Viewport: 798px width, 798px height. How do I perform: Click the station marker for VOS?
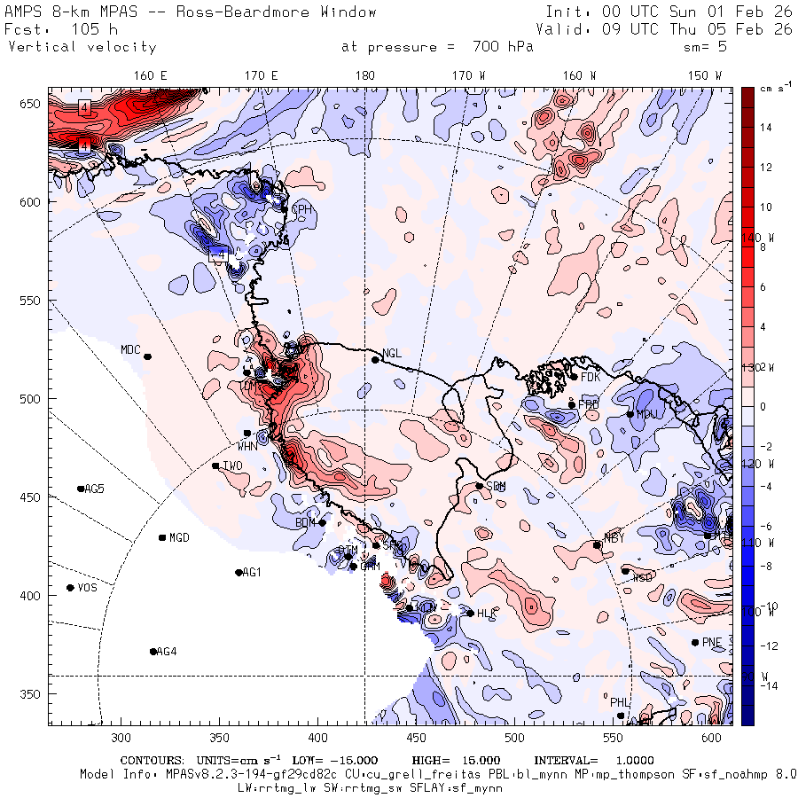[70, 588]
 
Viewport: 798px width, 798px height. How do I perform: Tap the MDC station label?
[130, 349]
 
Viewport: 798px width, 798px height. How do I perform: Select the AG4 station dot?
[153, 652]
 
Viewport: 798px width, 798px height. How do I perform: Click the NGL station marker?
[375, 359]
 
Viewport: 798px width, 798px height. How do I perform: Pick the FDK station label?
[591, 377]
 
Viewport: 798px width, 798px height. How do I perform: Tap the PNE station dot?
[695, 643]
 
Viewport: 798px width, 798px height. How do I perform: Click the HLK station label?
[486, 614]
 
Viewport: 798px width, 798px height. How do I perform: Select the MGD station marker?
[162, 537]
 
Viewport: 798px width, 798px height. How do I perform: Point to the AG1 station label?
[252, 573]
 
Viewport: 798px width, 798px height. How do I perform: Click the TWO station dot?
[215, 465]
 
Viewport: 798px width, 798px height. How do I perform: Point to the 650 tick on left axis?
[32, 105]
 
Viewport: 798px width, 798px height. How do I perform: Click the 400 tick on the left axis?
[32, 595]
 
